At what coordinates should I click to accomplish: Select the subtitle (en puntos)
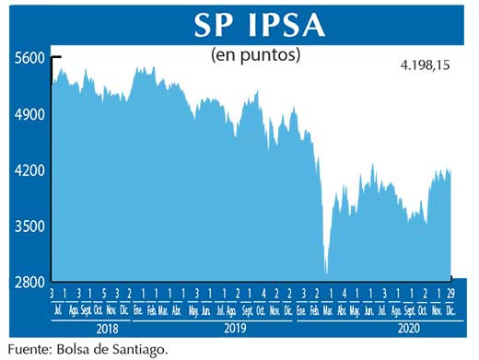pos(256,55)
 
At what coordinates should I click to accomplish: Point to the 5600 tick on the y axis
pos(29,57)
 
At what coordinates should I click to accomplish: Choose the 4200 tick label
pos(29,170)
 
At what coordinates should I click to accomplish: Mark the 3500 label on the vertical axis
pos(29,226)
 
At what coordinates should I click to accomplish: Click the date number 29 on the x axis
pos(451,293)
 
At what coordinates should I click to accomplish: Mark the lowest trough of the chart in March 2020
pos(326,273)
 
